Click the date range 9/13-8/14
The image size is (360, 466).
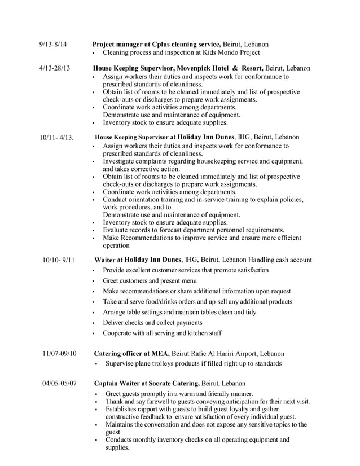pyautogui.click(x=53, y=44)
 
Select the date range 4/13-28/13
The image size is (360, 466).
pyautogui.click(x=55, y=68)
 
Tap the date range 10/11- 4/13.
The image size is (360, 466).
pyautogui.click(x=58, y=137)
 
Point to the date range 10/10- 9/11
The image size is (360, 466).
pyautogui.click(x=59, y=260)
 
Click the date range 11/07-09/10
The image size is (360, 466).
pyautogui.click(x=59, y=354)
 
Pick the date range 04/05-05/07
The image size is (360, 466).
pyautogui.click(x=59, y=384)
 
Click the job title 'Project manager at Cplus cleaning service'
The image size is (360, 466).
pyautogui.click(x=156, y=44)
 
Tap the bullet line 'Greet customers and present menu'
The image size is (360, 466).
pyautogui.click(x=150, y=281)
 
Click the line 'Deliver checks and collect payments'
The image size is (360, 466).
pyautogui.click(x=152, y=323)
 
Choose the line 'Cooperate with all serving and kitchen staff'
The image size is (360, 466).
pyautogui.click(x=162, y=333)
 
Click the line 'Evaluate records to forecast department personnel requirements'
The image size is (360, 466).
pyautogui.click(x=194, y=230)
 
